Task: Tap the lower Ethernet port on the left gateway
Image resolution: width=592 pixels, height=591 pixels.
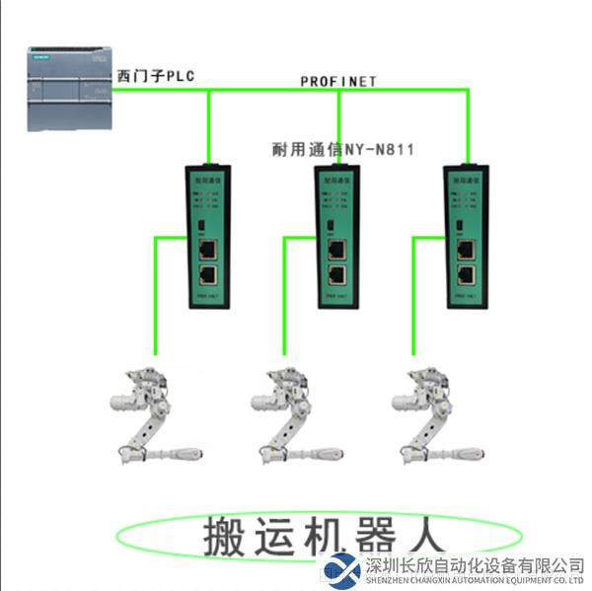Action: coord(208,275)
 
